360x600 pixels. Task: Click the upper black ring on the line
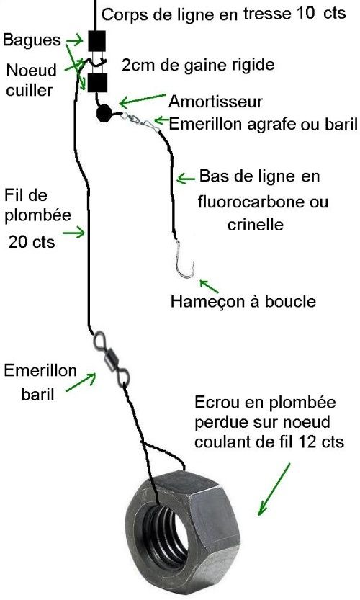[96, 41]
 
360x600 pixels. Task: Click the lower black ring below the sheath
[96, 83]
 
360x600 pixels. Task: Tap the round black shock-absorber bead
[104, 114]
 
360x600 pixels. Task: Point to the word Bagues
[32, 40]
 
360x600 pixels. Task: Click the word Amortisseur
[215, 102]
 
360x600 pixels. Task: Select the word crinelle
[255, 224]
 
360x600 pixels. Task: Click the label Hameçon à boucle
[243, 301]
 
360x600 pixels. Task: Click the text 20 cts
[32, 242]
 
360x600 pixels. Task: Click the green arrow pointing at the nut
[274, 489]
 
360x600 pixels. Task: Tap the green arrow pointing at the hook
[210, 286]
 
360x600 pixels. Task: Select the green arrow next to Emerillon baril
[81, 382]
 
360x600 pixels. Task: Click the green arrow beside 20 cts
[73, 232]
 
